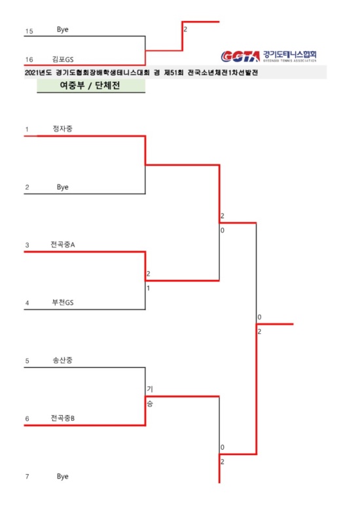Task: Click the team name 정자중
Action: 62,128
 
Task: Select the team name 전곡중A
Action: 62,244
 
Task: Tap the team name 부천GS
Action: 63,302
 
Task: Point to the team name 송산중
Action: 62,360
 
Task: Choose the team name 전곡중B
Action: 62,418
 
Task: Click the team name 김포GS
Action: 63,59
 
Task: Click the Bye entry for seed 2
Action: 62,187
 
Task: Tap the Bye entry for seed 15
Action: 62,29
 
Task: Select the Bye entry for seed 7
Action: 62,476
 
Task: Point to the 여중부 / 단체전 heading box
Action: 91,86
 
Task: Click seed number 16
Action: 29,60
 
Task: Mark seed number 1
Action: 27,130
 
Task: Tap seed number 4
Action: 27,303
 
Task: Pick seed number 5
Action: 27,361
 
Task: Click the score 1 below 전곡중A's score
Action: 149,288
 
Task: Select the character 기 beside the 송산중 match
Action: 150,389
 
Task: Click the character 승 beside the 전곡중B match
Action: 150,404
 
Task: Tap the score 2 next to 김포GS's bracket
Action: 185,29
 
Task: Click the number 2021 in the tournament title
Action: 31,73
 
